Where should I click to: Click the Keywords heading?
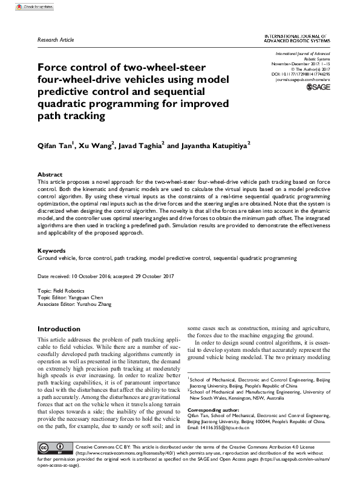pos(52,250)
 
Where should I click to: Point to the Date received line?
pos(105,276)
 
